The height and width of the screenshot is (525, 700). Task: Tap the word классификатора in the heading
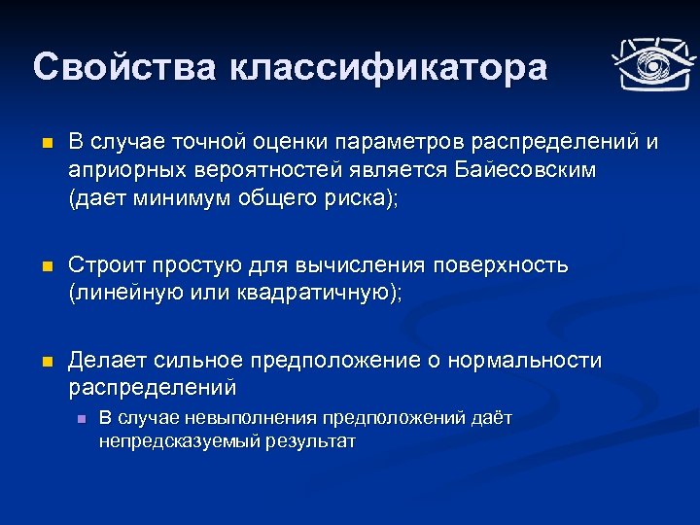point(389,67)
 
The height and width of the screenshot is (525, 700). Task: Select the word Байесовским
point(526,170)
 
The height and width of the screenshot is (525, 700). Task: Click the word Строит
point(101,265)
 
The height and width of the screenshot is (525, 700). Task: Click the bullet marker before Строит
point(39,266)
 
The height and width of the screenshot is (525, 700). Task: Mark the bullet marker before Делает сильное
point(39,362)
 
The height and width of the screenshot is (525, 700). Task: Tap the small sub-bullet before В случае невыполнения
point(81,419)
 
